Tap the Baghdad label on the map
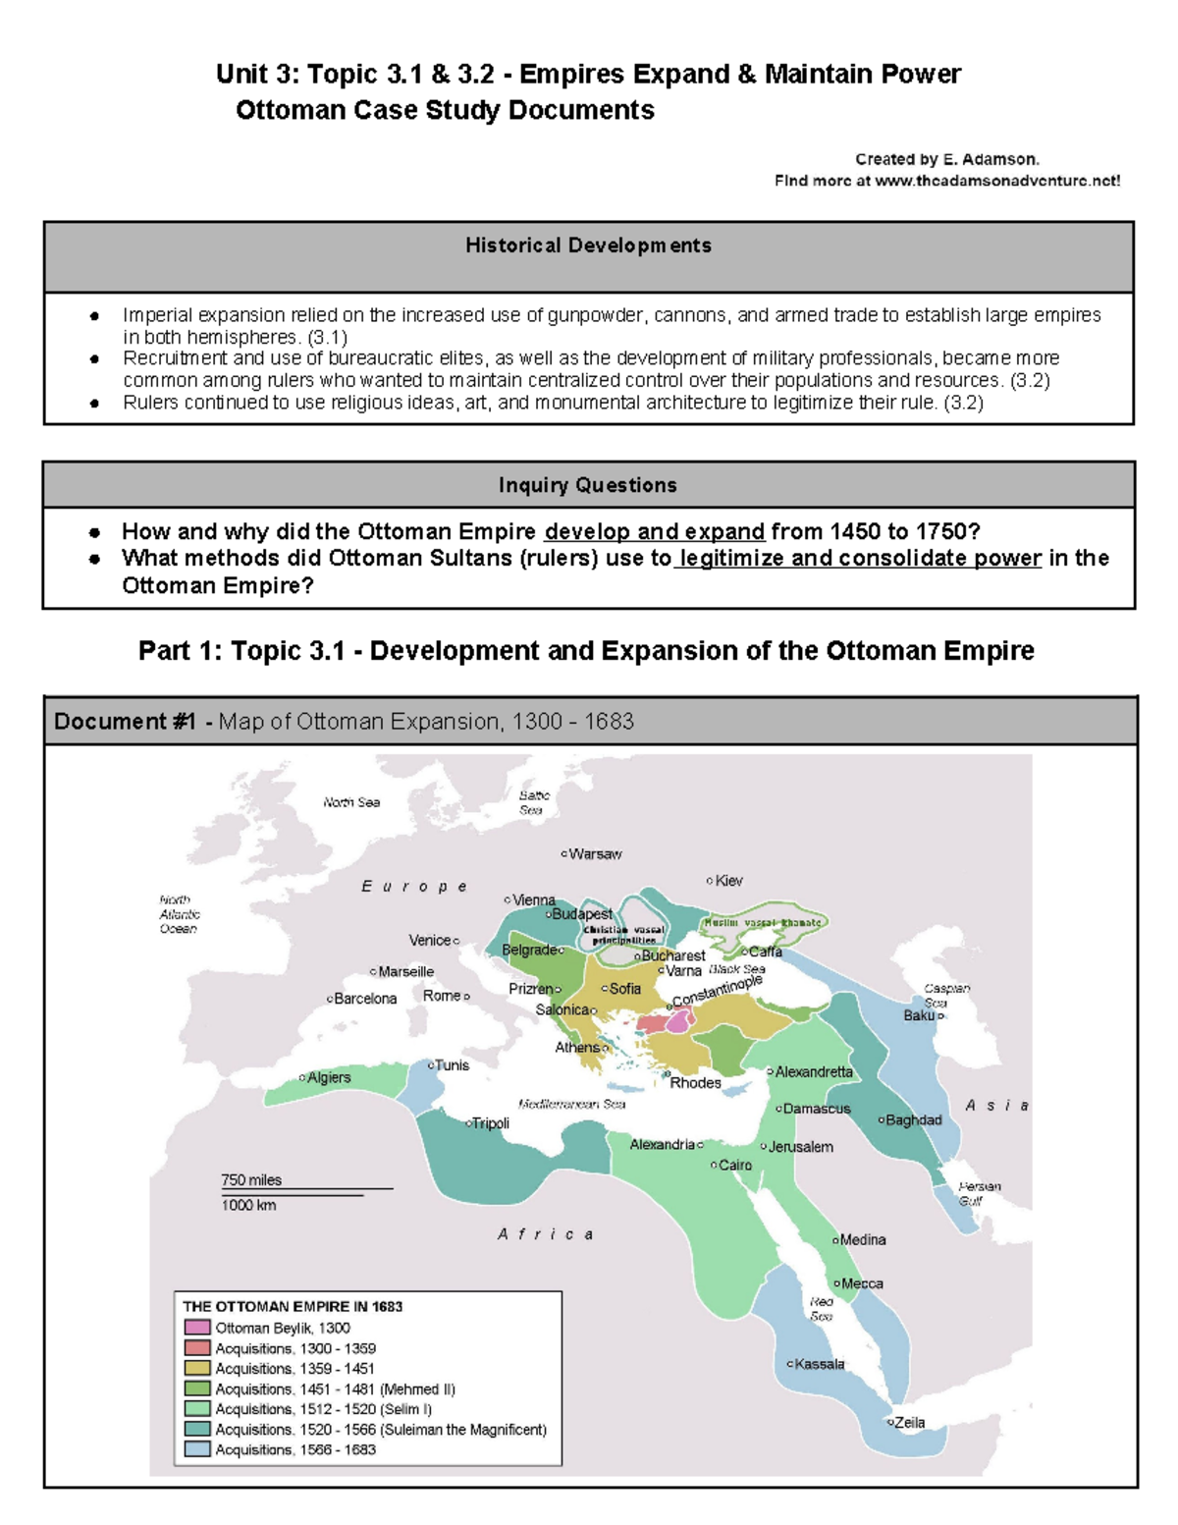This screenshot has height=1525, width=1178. tap(913, 1119)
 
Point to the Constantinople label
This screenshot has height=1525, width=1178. tap(718, 991)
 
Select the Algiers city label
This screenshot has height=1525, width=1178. tap(328, 1077)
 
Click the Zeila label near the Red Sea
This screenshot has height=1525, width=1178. tap(909, 1422)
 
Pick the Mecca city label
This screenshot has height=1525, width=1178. tap(862, 1283)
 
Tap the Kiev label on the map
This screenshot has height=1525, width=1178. tap(728, 881)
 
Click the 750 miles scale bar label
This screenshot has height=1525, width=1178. tap(251, 1179)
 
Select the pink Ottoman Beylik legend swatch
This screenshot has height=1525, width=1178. tap(197, 1328)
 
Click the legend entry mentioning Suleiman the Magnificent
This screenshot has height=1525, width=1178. tap(381, 1430)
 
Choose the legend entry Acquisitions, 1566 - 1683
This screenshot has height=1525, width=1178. tap(295, 1449)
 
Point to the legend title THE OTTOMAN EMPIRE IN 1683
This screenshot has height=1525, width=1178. tap(293, 1306)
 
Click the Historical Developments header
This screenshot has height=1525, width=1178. tap(588, 245)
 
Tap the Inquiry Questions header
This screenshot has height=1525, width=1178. tap(588, 485)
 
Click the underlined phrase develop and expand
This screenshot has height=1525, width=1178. tap(654, 531)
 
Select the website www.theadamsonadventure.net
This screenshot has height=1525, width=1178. tap(994, 181)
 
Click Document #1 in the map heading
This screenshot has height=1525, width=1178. tap(125, 722)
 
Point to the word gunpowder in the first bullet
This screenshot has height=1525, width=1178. tap(594, 315)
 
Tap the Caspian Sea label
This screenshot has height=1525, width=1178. tap(945, 995)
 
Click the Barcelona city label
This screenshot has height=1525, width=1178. tap(364, 999)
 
